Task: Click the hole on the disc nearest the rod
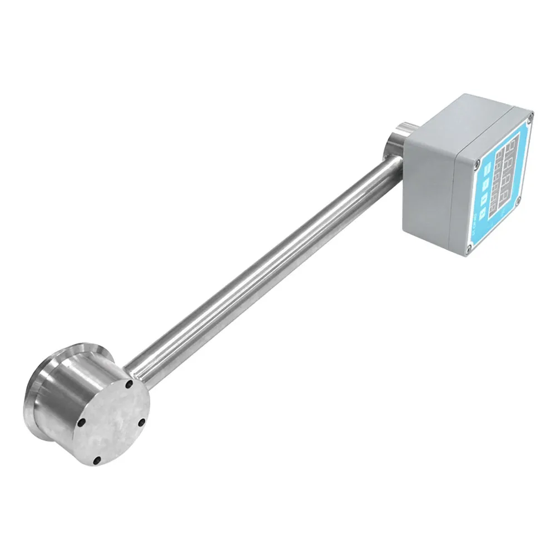129,384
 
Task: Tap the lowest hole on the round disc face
97,460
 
